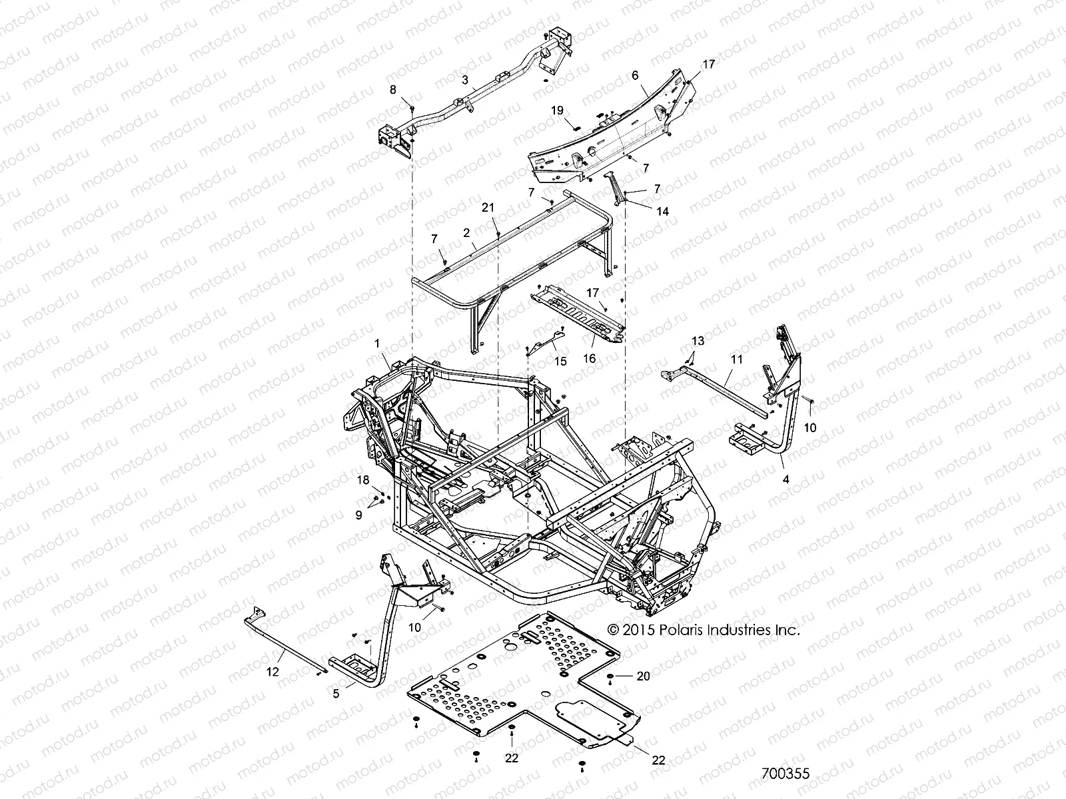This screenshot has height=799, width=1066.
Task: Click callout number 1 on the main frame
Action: point(377,344)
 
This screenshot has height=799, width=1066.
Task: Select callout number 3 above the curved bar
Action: point(466,79)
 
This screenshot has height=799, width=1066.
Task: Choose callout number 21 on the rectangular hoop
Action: point(488,208)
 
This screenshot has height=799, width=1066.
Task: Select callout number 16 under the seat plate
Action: point(589,358)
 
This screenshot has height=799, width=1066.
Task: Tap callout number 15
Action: point(560,361)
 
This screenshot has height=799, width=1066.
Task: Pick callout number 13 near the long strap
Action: point(697,341)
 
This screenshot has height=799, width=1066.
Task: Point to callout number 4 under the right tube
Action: point(786,479)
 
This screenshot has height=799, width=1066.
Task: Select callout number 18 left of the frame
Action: point(363,479)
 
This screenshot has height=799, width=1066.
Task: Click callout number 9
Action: point(358,515)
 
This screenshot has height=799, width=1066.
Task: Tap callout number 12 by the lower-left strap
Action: point(272,672)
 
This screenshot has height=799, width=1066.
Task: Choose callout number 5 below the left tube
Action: point(336,694)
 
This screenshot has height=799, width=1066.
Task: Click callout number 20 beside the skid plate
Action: point(642,676)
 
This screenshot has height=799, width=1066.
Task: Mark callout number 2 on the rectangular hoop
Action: point(466,232)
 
